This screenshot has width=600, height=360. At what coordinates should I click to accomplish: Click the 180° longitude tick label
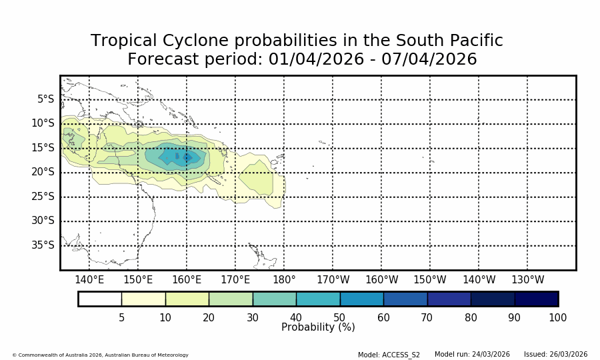284,280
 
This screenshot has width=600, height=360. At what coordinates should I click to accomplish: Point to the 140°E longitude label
89,280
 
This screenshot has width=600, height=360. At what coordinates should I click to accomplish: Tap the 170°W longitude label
333,280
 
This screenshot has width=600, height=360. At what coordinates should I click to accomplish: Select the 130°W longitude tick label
527,280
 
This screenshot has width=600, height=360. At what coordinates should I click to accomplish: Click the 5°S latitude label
46,99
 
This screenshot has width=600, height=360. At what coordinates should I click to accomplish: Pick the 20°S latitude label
43,172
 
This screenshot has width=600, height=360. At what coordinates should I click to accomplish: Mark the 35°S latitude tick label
43,245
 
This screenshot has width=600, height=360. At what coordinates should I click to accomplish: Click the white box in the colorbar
100,299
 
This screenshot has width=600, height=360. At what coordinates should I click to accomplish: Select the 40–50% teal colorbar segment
318,299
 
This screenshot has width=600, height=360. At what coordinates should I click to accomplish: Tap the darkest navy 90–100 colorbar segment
536,299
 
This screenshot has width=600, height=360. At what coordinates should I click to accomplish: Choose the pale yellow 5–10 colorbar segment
143,299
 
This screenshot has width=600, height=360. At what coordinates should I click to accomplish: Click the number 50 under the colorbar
339,318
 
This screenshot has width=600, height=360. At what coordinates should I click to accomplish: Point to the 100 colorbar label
557,318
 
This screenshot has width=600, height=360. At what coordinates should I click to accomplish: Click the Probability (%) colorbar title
318,327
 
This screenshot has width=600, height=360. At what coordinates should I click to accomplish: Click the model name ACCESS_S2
401,355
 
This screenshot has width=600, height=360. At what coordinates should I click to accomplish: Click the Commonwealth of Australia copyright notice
100,355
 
